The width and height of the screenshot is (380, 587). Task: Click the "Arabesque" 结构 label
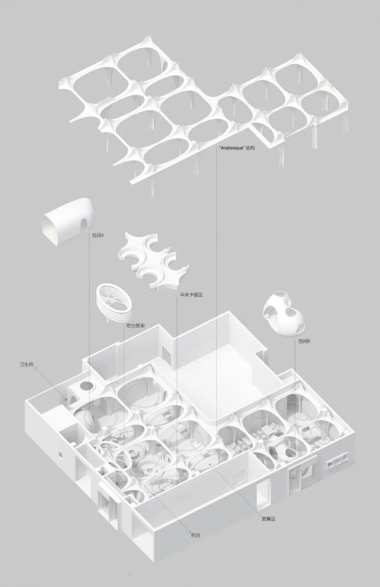pyautogui.click(x=237, y=148)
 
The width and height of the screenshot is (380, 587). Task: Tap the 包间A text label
pyautogui.click(x=98, y=235)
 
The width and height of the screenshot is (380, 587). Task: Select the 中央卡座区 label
pyautogui.click(x=191, y=295)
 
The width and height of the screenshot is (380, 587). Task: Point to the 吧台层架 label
pyautogui.click(x=135, y=326)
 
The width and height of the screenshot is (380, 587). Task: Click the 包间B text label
pyautogui.click(x=304, y=341)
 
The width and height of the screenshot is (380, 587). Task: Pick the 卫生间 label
pyautogui.click(x=26, y=364)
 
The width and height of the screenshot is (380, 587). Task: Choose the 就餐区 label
pyautogui.click(x=269, y=518)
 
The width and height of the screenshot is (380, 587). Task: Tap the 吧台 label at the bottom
pyautogui.click(x=195, y=535)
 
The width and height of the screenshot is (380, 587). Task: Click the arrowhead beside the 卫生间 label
pyautogui.click(x=36, y=368)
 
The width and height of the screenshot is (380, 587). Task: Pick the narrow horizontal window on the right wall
pyautogui.click(x=337, y=464)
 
